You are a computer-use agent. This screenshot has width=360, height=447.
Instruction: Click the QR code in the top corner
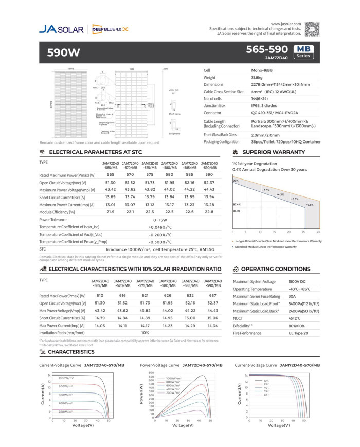pos(313,29)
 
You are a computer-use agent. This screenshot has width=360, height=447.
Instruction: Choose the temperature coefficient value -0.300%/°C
pos(160,241)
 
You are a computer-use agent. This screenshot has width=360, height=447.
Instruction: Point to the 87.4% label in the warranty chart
pos(237,204)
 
